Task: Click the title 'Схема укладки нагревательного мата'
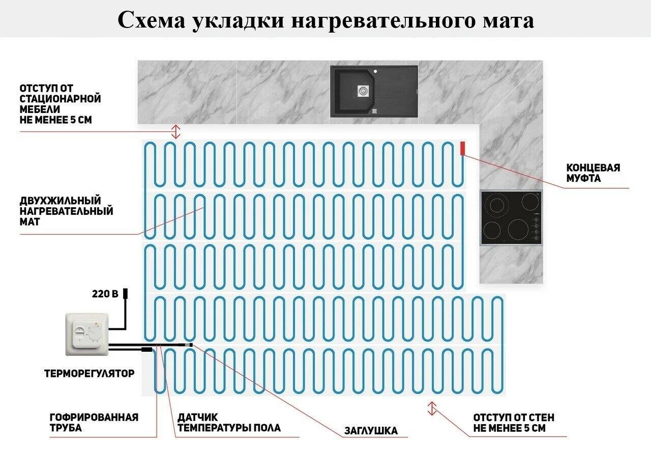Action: click(x=325, y=20)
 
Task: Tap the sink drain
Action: click(x=362, y=90)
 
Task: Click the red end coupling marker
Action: click(x=462, y=148)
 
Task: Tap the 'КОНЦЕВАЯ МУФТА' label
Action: click(x=594, y=173)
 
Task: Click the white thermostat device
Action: click(x=87, y=334)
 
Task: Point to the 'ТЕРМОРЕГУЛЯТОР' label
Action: click(x=90, y=374)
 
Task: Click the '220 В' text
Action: click(x=105, y=294)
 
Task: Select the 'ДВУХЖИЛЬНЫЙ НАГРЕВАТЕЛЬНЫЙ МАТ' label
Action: click(x=66, y=211)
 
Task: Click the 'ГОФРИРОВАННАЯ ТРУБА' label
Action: click(x=94, y=423)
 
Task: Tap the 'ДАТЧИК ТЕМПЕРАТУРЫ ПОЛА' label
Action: click(x=229, y=423)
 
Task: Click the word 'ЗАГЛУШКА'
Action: click(x=371, y=431)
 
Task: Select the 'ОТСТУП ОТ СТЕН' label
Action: click(x=514, y=423)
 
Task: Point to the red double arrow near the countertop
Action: click(x=175, y=131)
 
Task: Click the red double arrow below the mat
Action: click(x=432, y=408)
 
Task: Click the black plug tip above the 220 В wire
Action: click(x=125, y=294)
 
